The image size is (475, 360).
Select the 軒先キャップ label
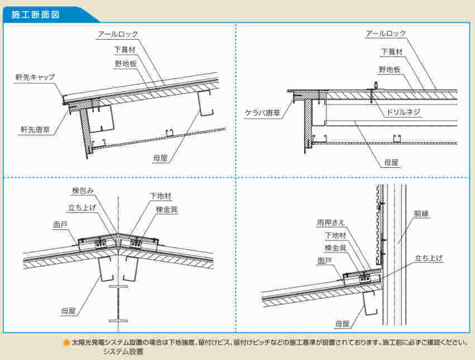tap(36, 77)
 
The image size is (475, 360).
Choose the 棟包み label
tap(82, 191)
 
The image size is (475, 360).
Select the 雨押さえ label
tap(328, 222)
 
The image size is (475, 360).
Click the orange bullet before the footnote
tap(66, 342)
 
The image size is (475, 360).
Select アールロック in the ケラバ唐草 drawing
tap(386, 34)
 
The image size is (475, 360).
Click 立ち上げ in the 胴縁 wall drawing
tap(429, 258)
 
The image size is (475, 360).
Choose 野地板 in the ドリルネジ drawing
tap(389, 69)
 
